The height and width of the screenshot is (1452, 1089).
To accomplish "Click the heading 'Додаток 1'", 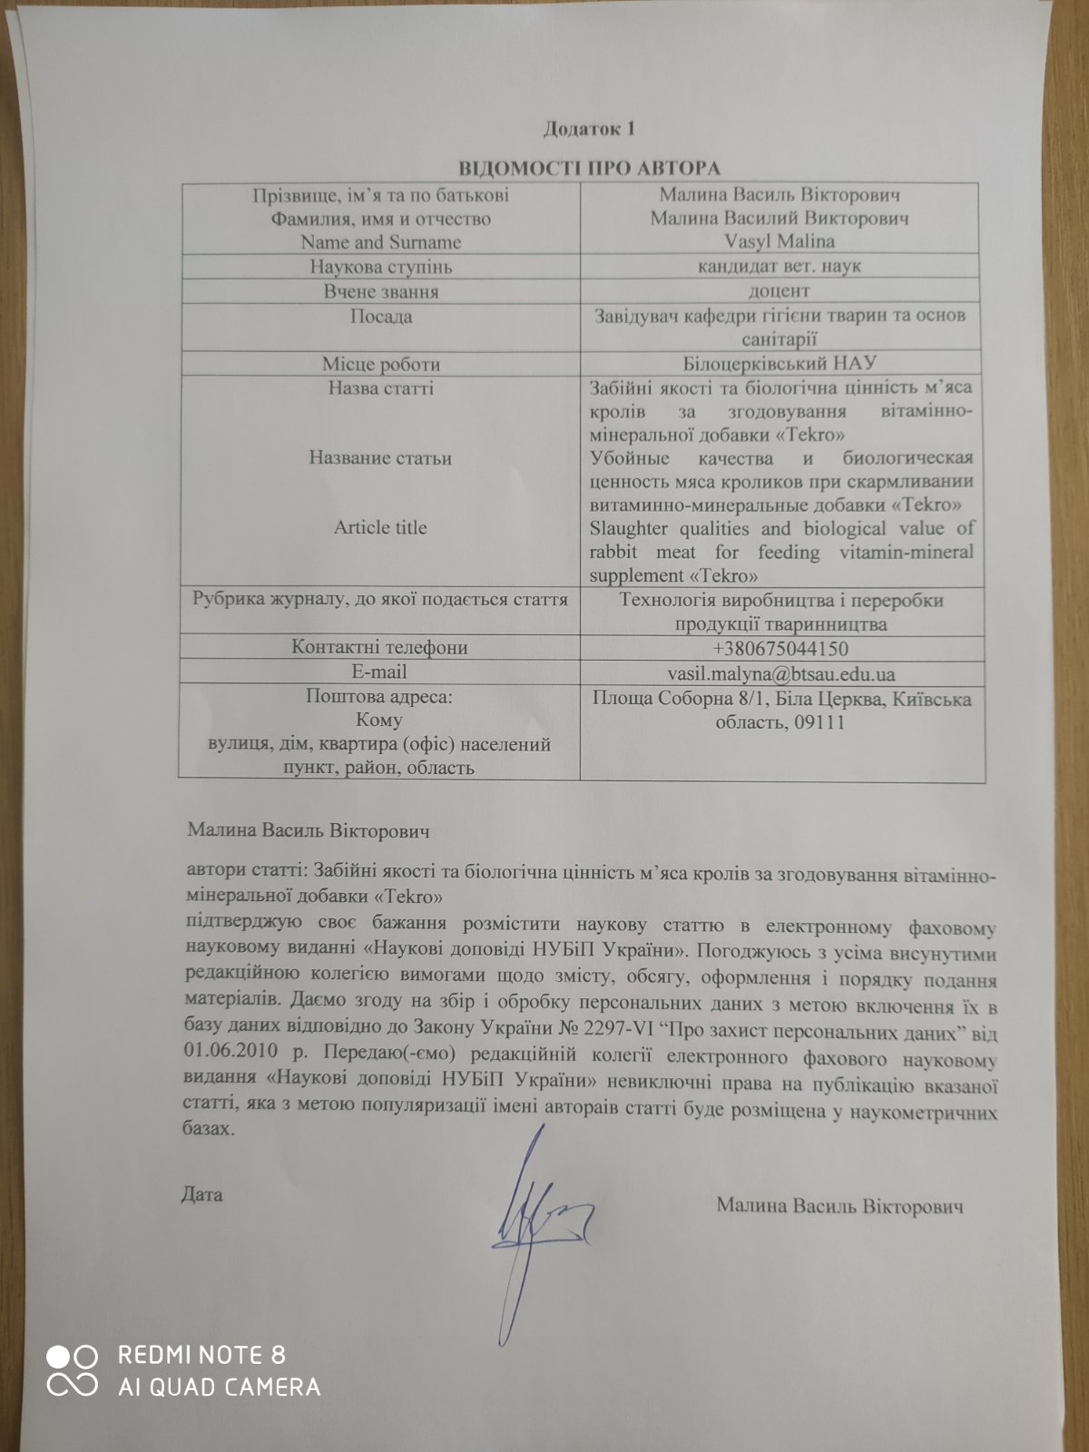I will [589, 129].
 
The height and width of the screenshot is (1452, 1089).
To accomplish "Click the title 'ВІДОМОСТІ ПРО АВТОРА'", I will [589, 169].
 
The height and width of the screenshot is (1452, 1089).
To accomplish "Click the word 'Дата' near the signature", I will [201, 1193].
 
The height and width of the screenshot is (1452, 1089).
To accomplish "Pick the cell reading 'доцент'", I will [780, 291].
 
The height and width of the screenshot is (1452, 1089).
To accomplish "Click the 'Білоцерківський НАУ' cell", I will [780, 363].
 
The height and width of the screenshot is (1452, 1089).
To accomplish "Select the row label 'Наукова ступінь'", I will [380, 268].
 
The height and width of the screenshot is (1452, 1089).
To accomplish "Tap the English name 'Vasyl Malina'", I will [780, 242].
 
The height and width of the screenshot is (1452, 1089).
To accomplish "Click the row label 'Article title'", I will [380, 528].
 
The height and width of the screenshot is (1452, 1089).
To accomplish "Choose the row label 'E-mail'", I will [380, 672].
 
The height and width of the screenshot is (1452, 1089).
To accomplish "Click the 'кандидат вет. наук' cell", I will [780, 267].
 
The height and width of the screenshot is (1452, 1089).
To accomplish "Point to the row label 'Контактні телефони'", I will [380, 648].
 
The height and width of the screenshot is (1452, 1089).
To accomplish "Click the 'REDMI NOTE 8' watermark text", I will [201, 1356].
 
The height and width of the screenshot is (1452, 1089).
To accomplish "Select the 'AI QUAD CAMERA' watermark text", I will [219, 1387].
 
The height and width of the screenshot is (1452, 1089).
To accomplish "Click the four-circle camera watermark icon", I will [72, 1371].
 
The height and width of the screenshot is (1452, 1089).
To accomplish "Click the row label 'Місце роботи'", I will [380, 364].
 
